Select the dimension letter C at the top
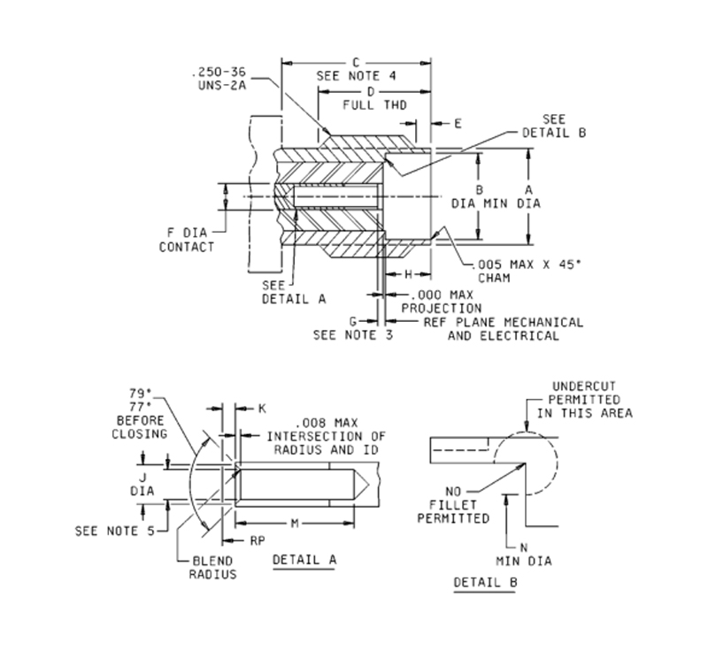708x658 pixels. [355, 62]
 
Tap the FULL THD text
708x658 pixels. [368, 104]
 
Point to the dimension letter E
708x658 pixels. [458, 124]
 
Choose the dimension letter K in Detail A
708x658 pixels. [261, 409]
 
